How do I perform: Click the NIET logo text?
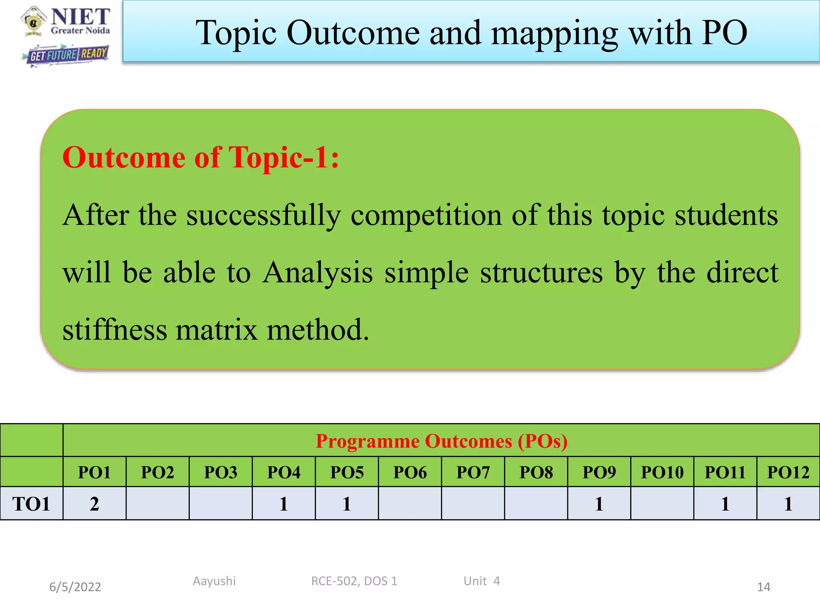[x=80, y=17]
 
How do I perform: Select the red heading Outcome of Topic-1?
[x=201, y=157]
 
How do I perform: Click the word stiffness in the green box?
[x=115, y=330]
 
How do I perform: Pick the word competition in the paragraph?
[x=426, y=215]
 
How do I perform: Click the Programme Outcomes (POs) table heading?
[x=441, y=441]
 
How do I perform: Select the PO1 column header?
[x=94, y=472]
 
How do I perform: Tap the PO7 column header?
[x=473, y=472]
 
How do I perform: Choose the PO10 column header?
[x=662, y=472]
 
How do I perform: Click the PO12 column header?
[x=788, y=472]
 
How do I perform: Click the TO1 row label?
[x=31, y=504]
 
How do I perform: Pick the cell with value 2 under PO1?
[x=94, y=504]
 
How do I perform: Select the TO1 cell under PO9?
[x=599, y=504]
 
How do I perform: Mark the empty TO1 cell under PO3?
[x=221, y=504]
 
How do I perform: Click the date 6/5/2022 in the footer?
[x=75, y=587]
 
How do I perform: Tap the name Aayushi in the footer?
[x=214, y=581]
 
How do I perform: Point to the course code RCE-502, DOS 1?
[x=354, y=581]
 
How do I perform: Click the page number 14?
[x=763, y=587]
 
